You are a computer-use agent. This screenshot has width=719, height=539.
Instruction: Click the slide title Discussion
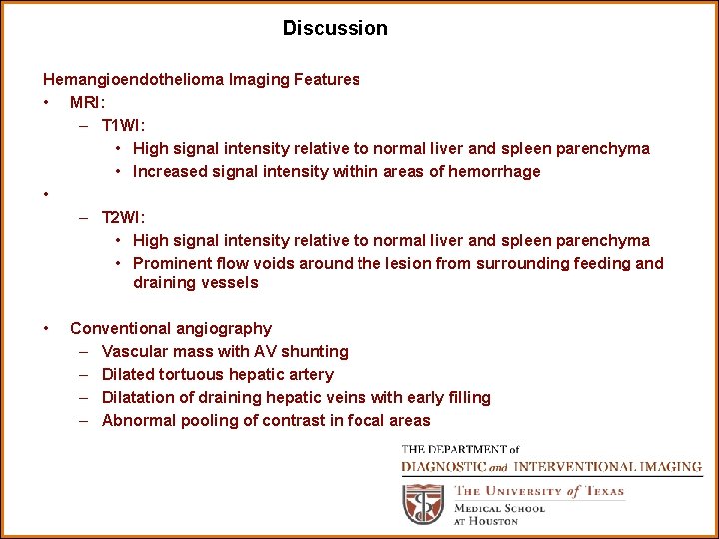[x=335, y=28]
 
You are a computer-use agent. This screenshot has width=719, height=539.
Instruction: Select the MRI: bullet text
[x=88, y=102]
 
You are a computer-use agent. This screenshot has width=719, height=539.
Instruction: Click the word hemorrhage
[x=490, y=171]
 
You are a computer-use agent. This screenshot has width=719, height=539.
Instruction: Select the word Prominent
[x=172, y=263]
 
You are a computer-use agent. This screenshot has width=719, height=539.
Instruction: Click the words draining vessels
[x=196, y=283]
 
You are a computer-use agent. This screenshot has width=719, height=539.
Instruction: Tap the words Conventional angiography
[x=171, y=328]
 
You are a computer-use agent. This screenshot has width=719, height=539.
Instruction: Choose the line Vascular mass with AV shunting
[x=225, y=351]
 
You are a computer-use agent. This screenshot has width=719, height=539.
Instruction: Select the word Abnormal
[x=139, y=420]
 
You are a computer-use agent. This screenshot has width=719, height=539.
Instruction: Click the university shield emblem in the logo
[x=423, y=504]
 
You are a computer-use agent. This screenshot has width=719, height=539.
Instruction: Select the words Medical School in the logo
[x=499, y=508]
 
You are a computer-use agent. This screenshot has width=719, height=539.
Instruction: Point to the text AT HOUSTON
[x=486, y=521]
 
